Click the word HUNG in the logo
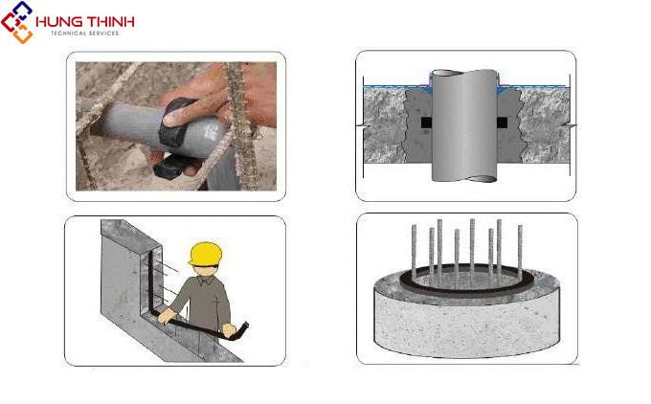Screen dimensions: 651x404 click(55, 22)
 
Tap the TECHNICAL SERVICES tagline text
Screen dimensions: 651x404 click(84, 34)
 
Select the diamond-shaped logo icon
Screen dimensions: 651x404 click(17, 22)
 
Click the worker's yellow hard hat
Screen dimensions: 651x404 click(205, 254)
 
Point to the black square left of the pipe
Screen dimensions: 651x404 click(426, 123)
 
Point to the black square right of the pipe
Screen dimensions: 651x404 click(502, 123)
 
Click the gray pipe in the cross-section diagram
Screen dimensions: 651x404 click(464, 125)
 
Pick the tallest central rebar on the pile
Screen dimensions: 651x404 click(472, 249)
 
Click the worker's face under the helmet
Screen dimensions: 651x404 click(205, 270)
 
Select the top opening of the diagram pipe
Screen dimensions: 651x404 click(464, 74)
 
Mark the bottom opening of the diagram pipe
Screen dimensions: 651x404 click(481, 179)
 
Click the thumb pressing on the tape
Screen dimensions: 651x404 click(175, 118)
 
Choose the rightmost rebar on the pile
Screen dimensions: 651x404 click(520, 253)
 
